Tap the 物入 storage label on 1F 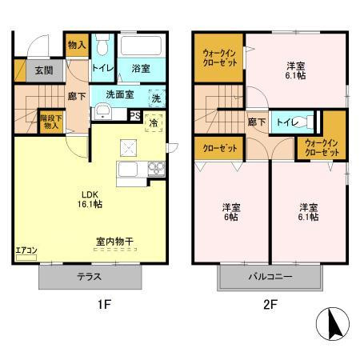coord(76,46)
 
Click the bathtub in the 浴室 coord(141,46)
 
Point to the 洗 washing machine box coord(156,98)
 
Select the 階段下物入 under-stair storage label coord(50,122)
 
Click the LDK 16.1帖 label coord(90,198)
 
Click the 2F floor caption coord(270,305)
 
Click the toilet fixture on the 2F coord(300,122)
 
